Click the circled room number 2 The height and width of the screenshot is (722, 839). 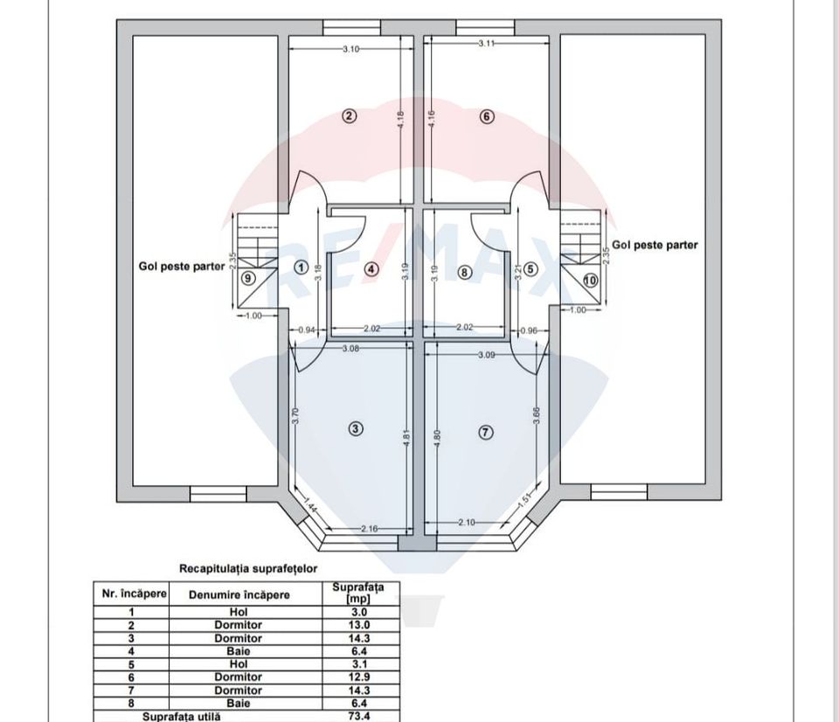(x=349, y=116)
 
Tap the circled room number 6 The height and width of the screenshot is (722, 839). (x=488, y=116)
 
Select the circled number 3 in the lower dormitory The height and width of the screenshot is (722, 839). (x=355, y=428)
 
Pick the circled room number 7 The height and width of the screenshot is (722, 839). (x=487, y=431)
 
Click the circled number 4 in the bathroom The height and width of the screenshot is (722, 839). (x=371, y=269)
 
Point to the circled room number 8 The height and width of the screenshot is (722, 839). (x=465, y=272)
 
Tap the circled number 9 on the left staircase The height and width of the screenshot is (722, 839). (x=248, y=278)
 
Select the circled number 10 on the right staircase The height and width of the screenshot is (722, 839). (x=590, y=281)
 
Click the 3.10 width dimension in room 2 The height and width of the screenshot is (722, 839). (x=350, y=49)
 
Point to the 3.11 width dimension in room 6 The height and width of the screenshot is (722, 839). (x=488, y=43)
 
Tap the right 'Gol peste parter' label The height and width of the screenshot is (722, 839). (x=655, y=245)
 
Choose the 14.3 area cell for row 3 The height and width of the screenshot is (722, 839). (x=359, y=638)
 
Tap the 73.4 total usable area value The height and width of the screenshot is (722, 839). (x=359, y=716)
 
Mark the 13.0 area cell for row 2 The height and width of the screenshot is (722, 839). (x=359, y=625)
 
